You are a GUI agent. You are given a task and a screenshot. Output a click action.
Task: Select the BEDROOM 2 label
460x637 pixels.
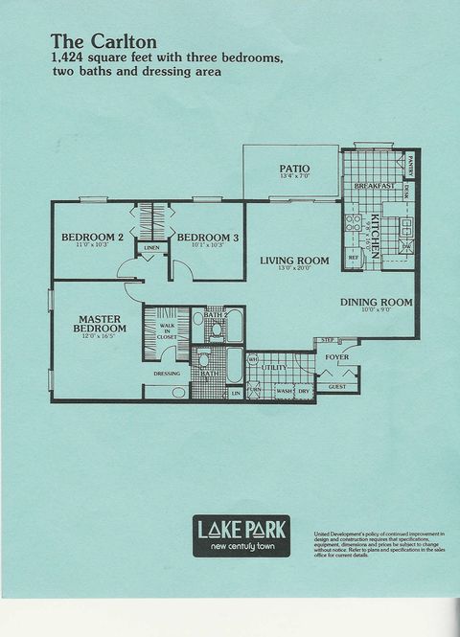93,238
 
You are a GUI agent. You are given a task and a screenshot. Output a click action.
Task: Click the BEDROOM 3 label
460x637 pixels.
207,238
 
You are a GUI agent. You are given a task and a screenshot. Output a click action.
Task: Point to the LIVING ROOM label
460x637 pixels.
295,261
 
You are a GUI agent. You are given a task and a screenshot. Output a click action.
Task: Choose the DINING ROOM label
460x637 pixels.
376,303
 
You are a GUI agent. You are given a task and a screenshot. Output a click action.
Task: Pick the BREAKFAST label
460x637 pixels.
375,186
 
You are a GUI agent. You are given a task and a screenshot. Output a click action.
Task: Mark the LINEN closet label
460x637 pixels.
151,248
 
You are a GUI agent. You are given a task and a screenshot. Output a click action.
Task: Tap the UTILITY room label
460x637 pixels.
275,367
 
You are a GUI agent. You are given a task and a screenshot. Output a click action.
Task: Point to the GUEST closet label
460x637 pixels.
337,387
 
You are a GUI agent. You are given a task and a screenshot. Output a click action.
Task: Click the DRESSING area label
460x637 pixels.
167,374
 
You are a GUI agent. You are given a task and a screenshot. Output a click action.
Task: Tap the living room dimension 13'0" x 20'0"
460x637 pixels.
295,269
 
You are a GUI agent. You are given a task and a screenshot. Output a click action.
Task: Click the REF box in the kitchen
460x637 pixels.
353,258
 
